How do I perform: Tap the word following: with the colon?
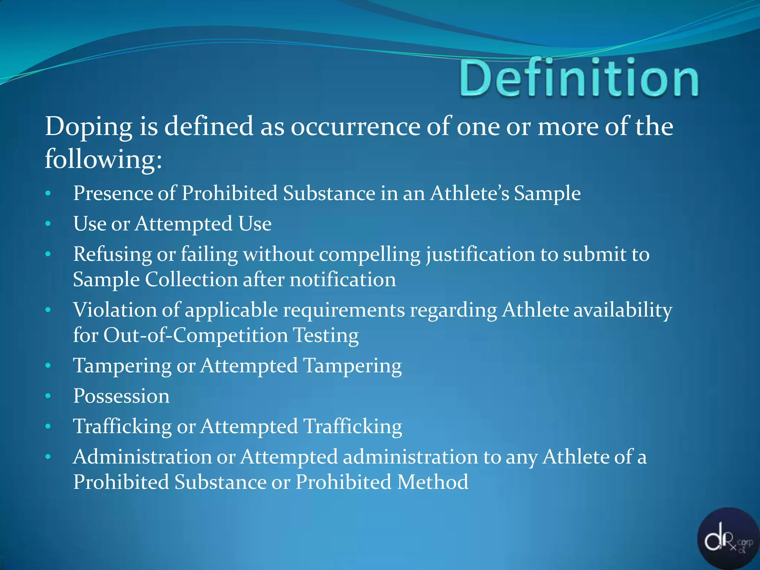[103, 160]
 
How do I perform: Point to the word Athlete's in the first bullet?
[469, 194]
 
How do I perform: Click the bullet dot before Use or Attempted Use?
[48, 224]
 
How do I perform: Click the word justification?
[480, 255]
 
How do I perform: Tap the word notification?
[343, 280]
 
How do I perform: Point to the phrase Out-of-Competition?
[195, 335]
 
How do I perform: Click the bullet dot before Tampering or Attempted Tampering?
[48, 366]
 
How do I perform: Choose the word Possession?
[121, 396]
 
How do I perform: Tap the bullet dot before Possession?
[48, 396]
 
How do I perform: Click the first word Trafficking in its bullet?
[122, 426]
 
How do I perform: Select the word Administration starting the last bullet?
[142, 457]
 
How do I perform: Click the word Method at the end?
[432, 482]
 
